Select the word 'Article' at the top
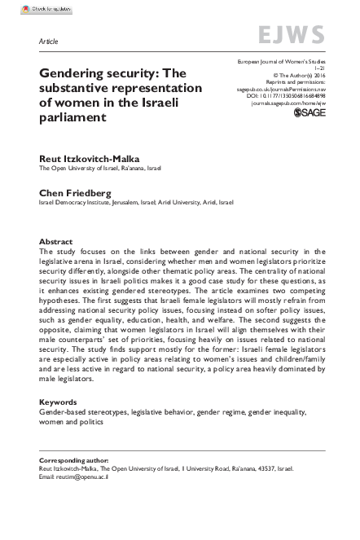(x=48, y=39)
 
